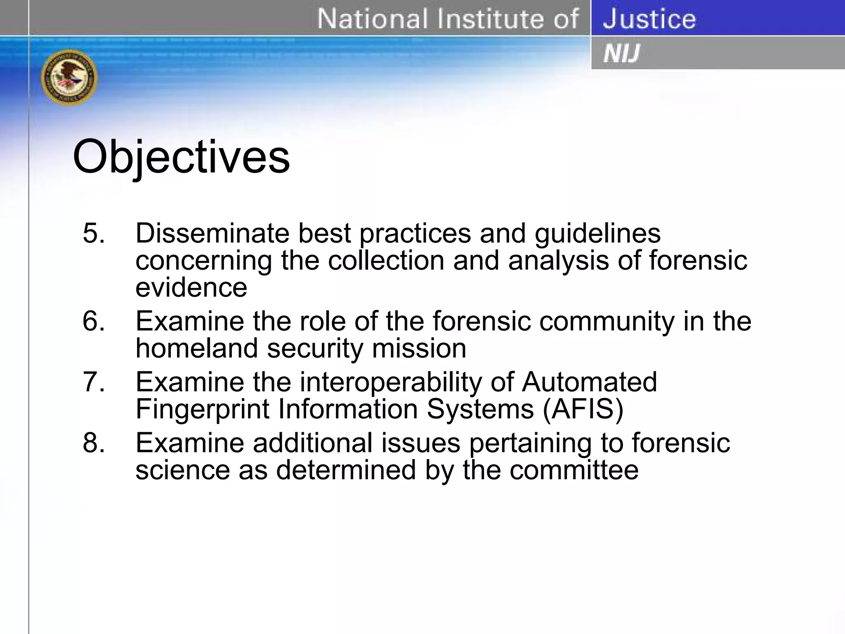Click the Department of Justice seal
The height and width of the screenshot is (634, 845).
click(69, 77)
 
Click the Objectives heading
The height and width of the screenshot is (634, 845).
click(181, 157)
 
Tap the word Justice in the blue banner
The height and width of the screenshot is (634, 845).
click(649, 19)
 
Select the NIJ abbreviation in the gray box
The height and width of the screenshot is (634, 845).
click(621, 54)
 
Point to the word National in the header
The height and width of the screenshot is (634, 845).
click(367, 19)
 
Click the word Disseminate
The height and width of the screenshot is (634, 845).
click(212, 233)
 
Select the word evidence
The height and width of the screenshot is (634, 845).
click(191, 287)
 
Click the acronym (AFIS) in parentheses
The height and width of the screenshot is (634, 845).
click(583, 409)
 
